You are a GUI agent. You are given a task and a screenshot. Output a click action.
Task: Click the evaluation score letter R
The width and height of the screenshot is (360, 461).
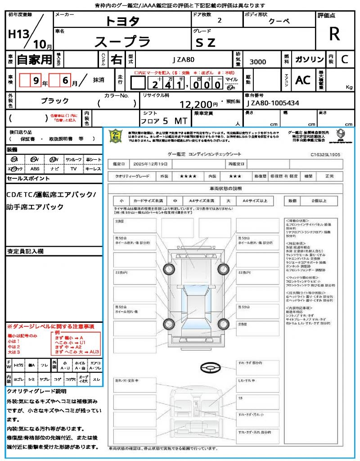(334, 34)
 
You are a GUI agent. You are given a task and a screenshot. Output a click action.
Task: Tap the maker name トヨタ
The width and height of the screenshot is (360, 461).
(122, 21)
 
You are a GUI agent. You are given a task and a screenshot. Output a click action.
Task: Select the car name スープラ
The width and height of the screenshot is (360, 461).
(122, 41)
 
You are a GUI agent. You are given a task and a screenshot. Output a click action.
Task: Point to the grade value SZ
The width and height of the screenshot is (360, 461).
(206, 42)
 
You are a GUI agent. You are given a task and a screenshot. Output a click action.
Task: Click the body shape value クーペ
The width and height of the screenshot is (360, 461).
(279, 21)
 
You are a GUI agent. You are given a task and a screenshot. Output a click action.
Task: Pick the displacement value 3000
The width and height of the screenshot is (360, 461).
(258, 62)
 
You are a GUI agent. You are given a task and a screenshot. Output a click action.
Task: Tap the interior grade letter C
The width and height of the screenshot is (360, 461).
(344, 59)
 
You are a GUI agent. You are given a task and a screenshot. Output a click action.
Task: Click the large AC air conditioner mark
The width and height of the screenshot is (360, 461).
(303, 80)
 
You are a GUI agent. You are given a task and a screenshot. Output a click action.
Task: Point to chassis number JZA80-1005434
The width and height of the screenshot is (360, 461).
(273, 103)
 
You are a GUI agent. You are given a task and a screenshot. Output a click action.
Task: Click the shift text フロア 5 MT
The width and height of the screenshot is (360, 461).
(163, 121)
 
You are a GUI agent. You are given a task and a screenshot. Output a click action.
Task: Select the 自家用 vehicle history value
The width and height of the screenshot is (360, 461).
(35, 59)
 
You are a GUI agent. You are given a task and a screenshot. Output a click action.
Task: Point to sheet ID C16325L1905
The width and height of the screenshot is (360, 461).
(325, 154)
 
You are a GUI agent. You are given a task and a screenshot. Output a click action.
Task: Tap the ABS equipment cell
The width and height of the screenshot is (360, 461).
(35, 169)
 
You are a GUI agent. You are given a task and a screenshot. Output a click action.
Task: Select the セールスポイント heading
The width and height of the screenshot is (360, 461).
(28, 179)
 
